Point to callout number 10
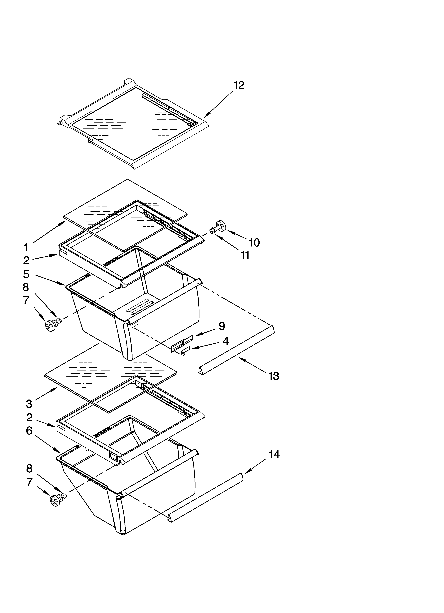coord(254,243)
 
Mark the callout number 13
coord(274,376)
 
